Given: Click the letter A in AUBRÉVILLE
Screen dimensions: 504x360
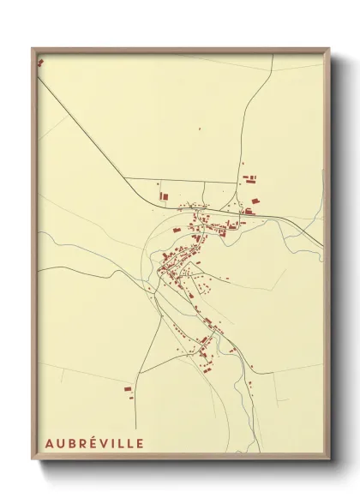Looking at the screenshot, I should [46, 443].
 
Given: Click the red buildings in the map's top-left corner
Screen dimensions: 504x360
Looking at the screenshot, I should [39, 62].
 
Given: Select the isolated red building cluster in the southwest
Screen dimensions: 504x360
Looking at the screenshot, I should [128, 389].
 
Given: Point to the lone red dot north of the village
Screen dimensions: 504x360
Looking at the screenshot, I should [200, 129].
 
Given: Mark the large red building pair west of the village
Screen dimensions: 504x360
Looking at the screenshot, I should [162, 196].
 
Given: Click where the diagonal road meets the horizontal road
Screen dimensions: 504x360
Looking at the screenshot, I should [126, 178].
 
